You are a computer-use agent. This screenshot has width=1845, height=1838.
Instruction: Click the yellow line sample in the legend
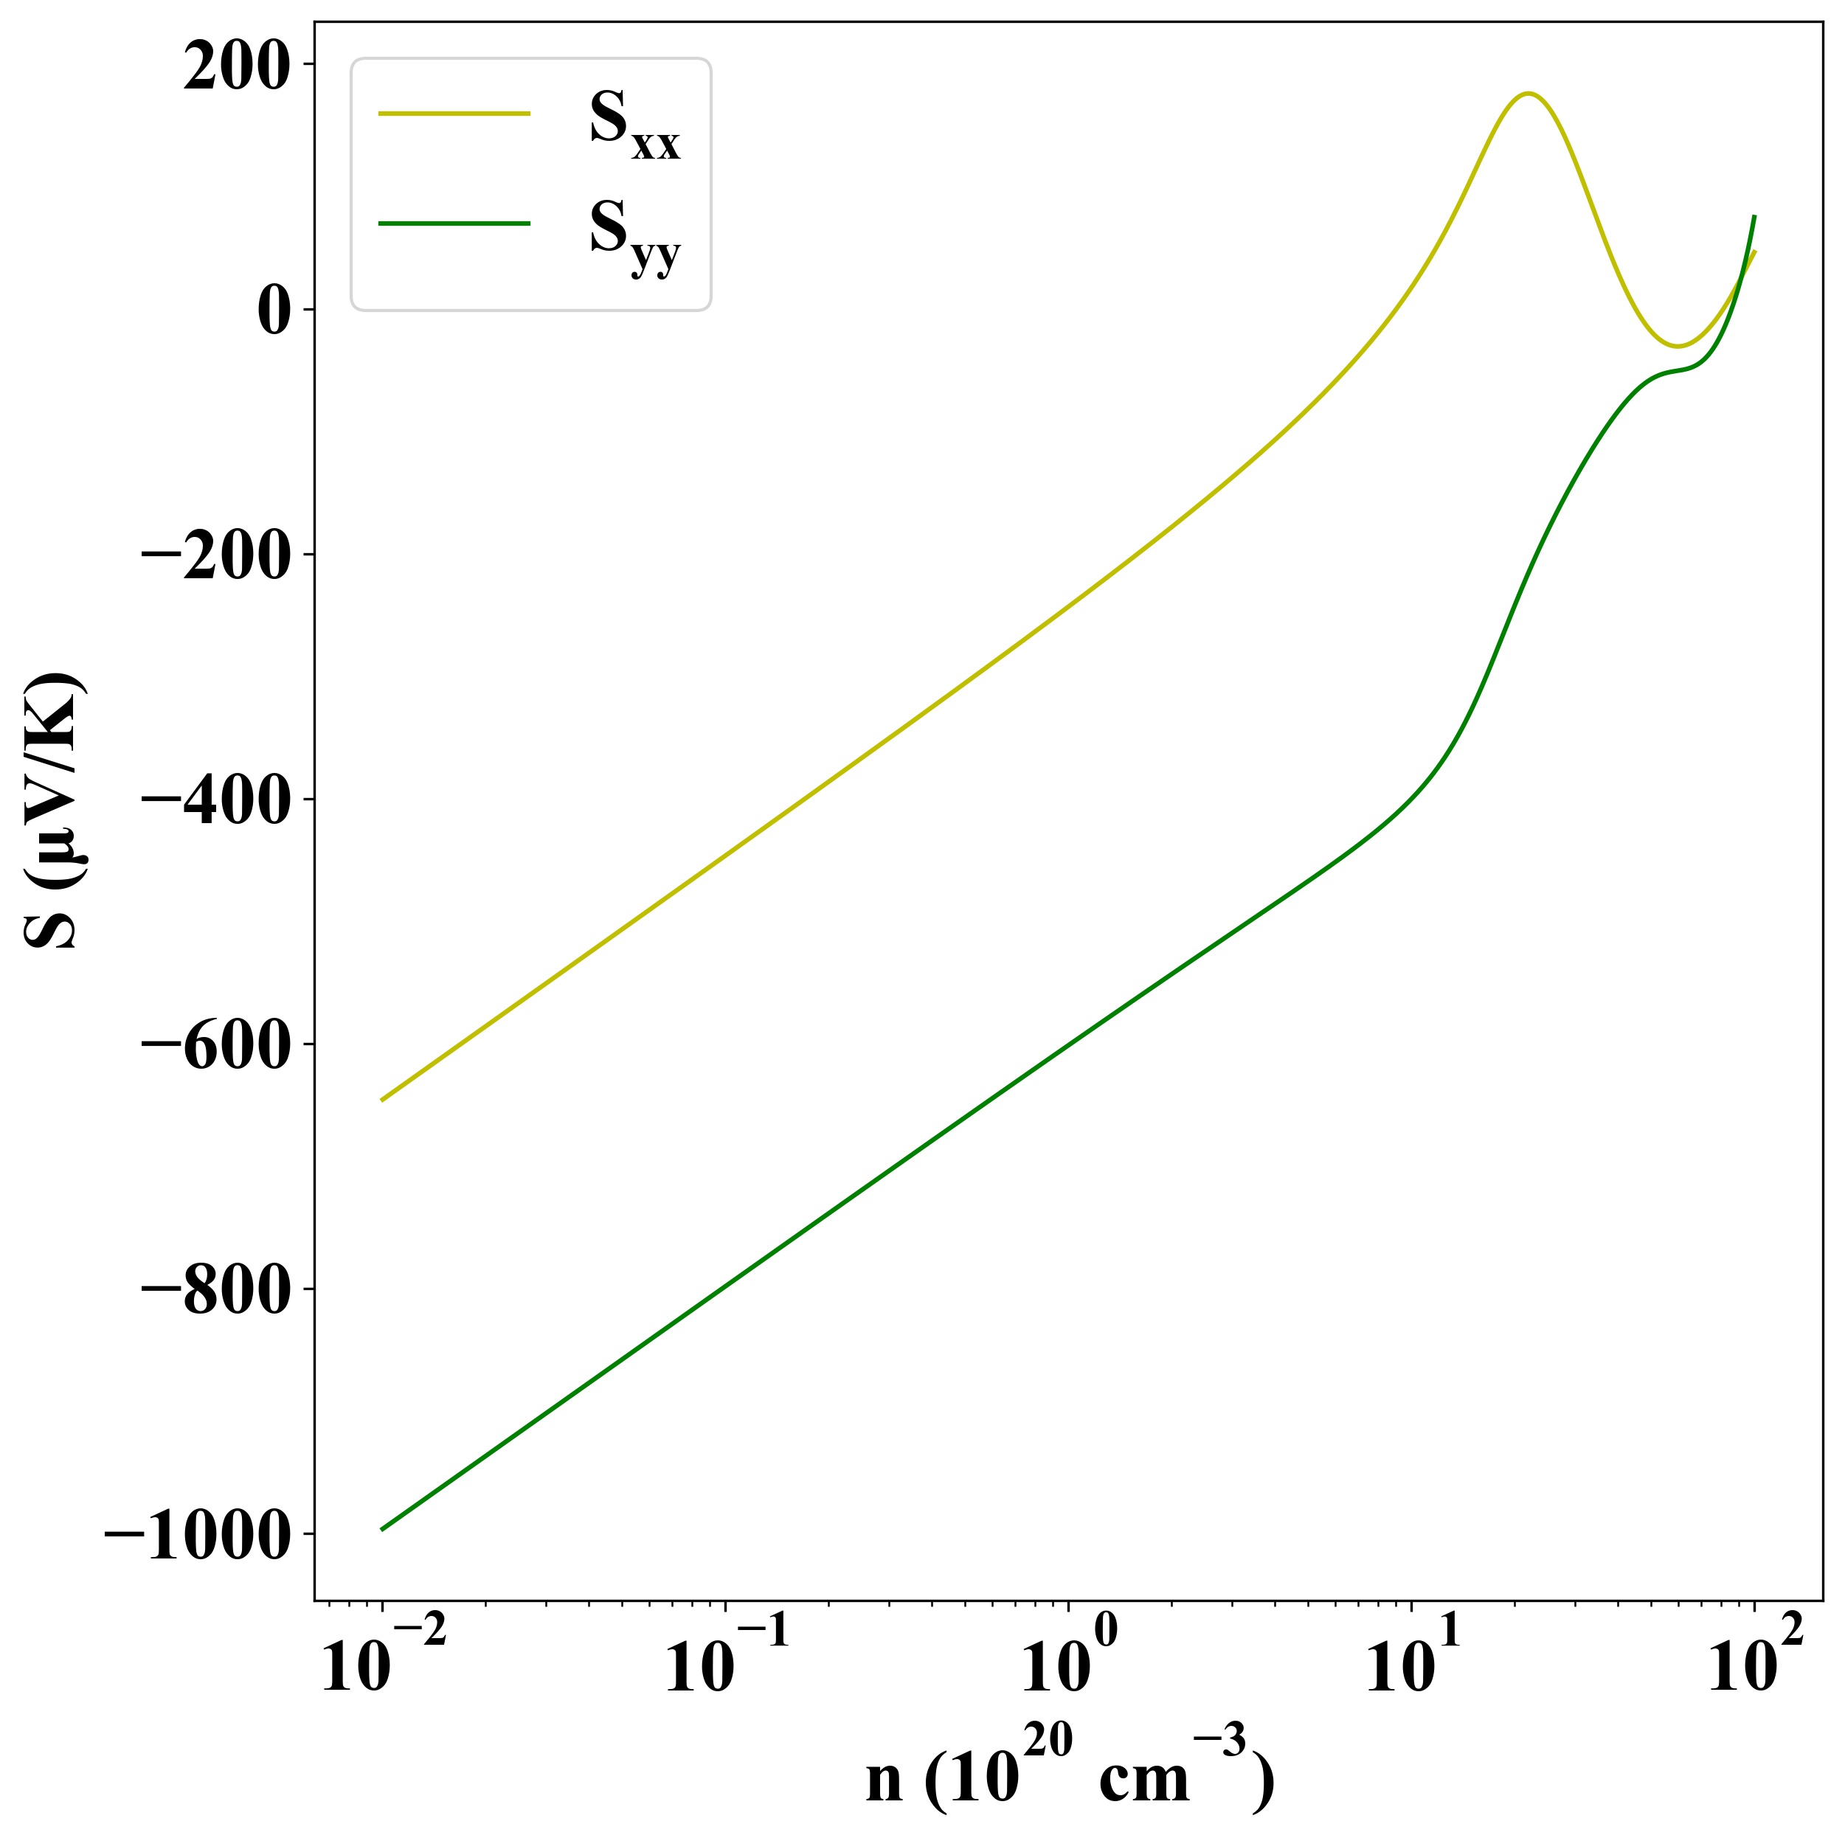pyautogui.click(x=454, y=114)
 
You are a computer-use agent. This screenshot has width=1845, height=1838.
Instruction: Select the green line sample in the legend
pyautogui.click(x=454, y=223)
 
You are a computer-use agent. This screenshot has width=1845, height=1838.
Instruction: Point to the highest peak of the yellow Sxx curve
pyautogui.click(x=1529, y=94)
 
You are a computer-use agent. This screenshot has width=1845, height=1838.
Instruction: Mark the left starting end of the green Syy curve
pyautogui.click(x=382, y=1530)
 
